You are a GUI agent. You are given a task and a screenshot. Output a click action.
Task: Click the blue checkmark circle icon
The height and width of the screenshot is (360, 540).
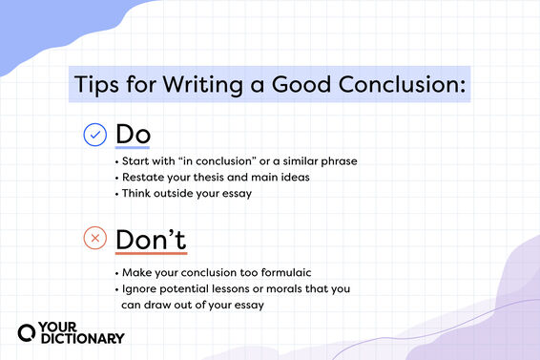pos(94,136)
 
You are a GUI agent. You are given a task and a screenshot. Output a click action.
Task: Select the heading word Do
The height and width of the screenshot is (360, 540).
pos(132,135)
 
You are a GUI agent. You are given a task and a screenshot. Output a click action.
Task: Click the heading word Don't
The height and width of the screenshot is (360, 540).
pos(150,239)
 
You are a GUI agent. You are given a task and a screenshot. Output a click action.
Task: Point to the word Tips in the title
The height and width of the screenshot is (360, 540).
pos(100,85)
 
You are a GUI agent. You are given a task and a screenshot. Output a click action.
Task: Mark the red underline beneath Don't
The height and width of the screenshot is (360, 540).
pos(150,255)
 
